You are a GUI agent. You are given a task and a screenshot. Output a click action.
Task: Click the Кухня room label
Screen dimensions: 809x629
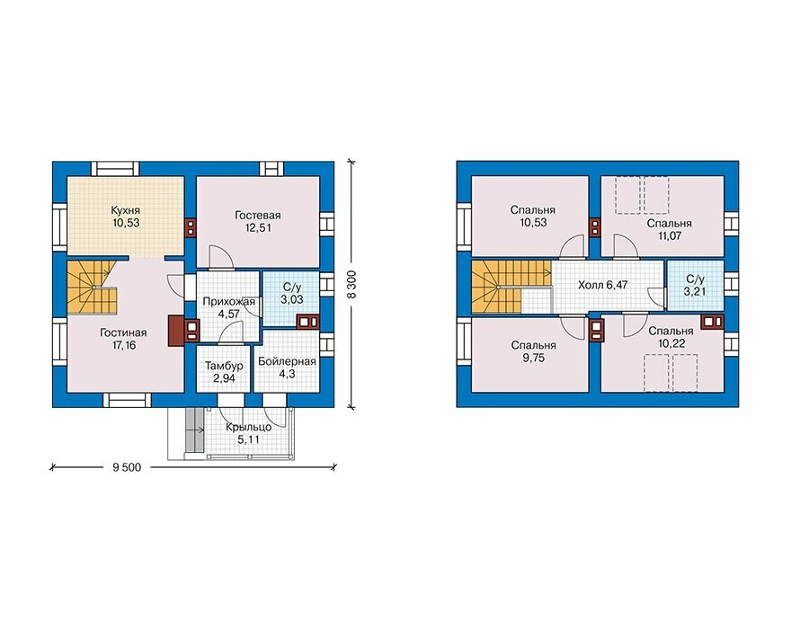[125, 210]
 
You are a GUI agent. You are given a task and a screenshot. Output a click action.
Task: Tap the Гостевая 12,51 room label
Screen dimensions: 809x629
[257, 221]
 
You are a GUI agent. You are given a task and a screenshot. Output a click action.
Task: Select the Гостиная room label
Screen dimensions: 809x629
[123, 333]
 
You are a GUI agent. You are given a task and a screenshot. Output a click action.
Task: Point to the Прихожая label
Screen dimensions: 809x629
[228, 302]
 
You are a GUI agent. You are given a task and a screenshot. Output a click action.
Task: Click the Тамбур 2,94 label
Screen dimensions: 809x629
[224, 372]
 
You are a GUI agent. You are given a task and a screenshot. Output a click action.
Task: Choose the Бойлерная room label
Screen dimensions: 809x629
[287, 361]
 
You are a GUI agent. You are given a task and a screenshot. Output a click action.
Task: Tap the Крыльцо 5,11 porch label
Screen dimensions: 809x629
[249, 434]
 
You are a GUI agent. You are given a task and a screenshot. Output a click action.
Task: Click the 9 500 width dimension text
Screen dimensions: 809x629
[127, 467]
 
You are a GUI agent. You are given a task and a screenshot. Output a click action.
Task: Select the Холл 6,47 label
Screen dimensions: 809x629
[602, 285]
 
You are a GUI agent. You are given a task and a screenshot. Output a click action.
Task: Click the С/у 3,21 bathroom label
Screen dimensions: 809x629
[695, 285]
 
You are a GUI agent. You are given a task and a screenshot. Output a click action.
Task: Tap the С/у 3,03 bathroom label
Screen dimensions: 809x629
[292, 293]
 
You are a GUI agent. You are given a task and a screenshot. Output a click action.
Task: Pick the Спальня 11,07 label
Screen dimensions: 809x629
[669, 229]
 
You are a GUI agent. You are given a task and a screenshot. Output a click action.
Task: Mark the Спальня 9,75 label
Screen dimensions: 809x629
[533, 351]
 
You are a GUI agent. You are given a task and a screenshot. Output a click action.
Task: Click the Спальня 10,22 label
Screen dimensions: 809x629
[671, 337]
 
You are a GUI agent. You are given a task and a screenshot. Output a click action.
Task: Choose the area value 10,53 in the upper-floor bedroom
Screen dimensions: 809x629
[533, 223]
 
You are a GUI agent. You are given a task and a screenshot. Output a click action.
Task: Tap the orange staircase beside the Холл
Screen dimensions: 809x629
[510, 286]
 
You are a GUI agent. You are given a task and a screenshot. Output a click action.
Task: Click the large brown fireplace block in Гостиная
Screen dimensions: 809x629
[176, 331]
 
